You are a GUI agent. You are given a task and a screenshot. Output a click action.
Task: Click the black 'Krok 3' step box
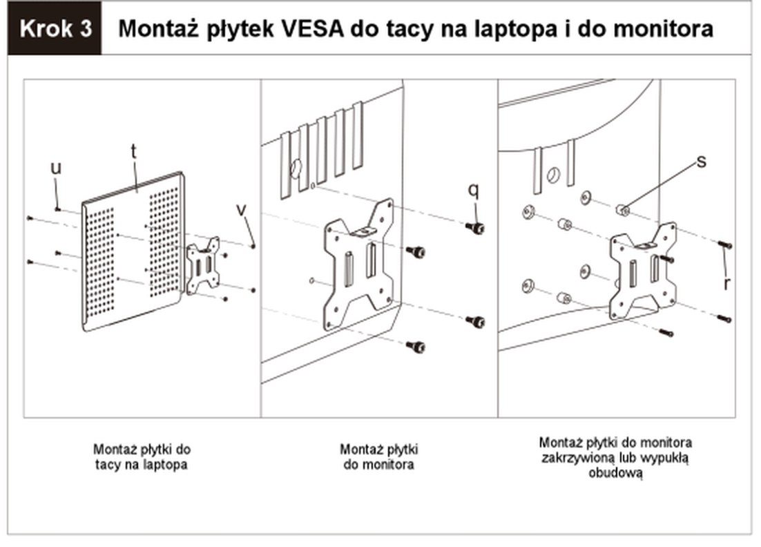click(55, 28)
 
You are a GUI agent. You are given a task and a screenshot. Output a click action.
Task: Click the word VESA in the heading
click(313, 28)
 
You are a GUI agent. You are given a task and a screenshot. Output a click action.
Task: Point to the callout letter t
click(134, 151)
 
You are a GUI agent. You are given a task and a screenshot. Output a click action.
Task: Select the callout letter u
click(57, 168)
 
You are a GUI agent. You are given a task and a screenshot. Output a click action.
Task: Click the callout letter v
click(241, 210)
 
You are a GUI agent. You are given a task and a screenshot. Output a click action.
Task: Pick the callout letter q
click(474, 190)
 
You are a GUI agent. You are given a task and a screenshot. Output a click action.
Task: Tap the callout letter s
click(702, 162)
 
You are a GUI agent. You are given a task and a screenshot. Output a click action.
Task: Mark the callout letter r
click(726, 283)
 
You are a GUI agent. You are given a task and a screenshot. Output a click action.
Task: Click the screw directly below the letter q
click(475, 227)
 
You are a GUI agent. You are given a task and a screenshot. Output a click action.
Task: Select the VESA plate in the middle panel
click(360, 264)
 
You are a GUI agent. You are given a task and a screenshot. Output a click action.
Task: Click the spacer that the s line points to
click(622, 210)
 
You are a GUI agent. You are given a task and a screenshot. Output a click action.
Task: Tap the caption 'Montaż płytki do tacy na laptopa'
click(142, 457)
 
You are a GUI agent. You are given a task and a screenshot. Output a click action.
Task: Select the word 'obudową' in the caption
click(615, 472)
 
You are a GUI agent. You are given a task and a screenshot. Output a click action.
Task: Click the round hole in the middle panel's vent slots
click(296, 169)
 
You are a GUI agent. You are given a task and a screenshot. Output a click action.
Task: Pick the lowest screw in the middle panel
click(416, 346)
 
